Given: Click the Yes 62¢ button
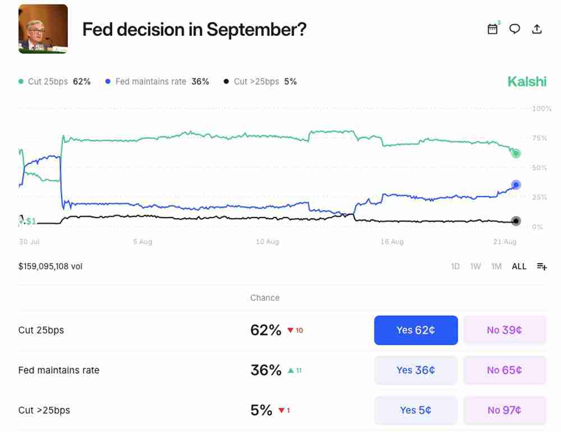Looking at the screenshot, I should (416, 330).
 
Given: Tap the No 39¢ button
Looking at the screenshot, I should (504, 330).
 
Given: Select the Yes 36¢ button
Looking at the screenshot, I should (416, 370).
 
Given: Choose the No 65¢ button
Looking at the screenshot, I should (504, 370).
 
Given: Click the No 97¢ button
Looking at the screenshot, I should (504, 410).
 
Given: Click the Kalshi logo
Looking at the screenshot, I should (526, 81).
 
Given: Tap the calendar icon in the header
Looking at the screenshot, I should (493, 29).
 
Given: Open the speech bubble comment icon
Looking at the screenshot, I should (514, 29).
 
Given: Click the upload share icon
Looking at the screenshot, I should (537, 29).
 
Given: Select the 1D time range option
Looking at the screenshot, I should (456, 266).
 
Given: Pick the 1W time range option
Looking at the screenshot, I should (476, 266).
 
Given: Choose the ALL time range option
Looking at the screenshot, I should (519, 266).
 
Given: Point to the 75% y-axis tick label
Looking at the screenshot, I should (539, 138).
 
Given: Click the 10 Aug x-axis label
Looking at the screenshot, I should (267, 242).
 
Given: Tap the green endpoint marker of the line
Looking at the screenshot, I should (516, 153).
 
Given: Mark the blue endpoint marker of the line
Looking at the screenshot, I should (516, 185).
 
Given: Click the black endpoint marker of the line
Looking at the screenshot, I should (516, 221).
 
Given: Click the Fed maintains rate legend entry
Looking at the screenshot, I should (157, 81).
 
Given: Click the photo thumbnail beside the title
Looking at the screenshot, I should (43, 29).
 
